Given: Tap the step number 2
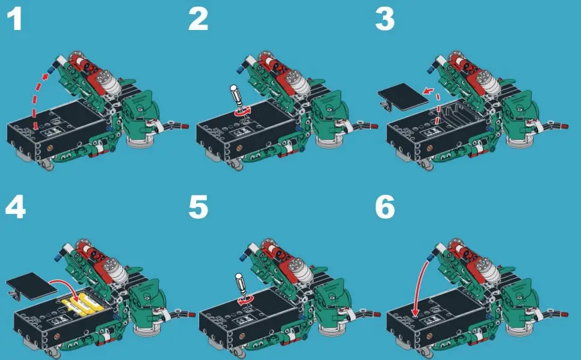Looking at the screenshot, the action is (198, 19).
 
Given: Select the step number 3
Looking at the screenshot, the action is (385, 19).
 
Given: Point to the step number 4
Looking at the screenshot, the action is (15, 207).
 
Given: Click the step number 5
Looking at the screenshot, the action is (198, 207).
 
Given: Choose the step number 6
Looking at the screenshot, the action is (385, 207).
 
